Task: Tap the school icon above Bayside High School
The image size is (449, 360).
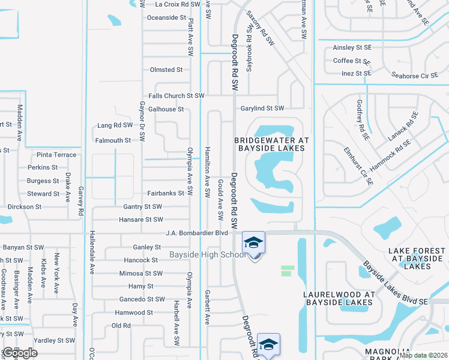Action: (x=254, y=242)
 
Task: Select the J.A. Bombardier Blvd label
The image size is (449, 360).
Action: (x=197, y=233)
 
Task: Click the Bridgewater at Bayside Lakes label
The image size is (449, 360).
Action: (x=271, y=143)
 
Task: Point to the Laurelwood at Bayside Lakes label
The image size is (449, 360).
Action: (x=339, y=298)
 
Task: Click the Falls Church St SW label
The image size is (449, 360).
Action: (x=176, y=96)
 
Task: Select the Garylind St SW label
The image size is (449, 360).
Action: (x=262, y=108)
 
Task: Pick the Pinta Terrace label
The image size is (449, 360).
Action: (x=56, y=155)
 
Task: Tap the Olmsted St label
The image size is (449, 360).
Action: (x=166, y=70)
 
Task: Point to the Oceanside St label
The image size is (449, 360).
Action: (x=167, y=17)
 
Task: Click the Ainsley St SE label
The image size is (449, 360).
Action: (x=352, y=48)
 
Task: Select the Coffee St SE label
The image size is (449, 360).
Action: (x=351, y=61)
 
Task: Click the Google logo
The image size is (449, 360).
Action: (x=19, y=353)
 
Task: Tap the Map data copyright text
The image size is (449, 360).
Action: (x=423, y=355)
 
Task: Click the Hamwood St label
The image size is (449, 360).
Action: (x=134, y=313)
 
